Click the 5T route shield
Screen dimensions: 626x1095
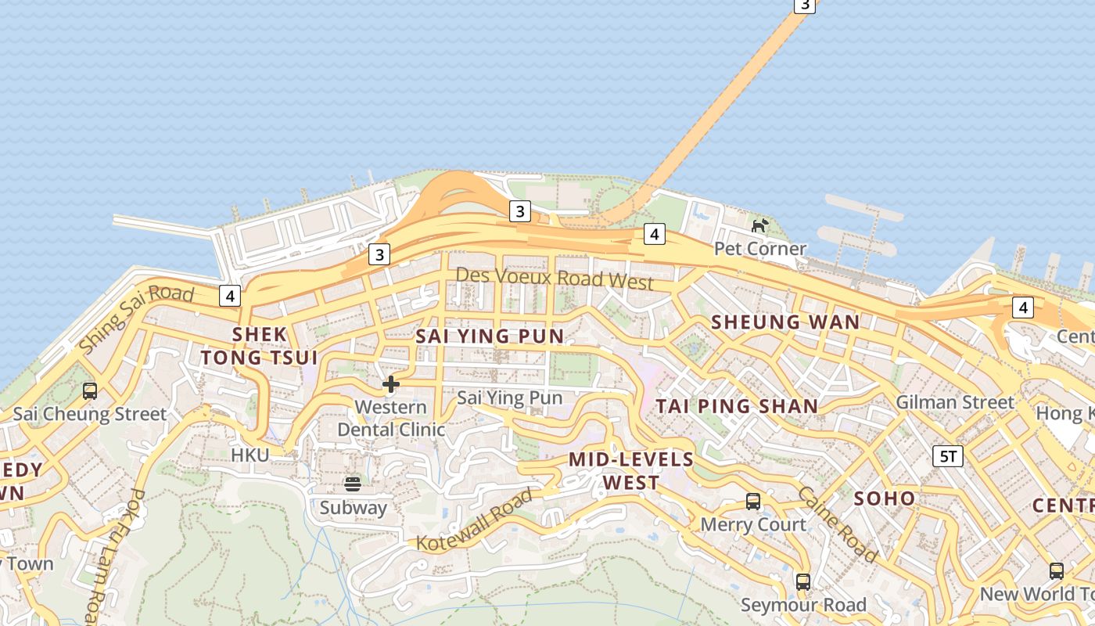947,456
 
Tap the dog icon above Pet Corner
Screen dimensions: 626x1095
759,226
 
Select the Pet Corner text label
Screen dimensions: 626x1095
759,249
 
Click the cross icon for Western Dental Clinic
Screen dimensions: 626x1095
391,384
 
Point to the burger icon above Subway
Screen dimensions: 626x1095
353,484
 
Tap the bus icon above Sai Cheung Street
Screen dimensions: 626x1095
90,390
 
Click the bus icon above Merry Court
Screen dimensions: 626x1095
753,502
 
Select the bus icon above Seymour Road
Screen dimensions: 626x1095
803,582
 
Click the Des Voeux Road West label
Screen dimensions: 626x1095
554,279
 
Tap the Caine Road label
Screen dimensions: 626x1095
836,523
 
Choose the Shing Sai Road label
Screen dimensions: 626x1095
136,318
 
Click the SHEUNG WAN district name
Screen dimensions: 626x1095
784,322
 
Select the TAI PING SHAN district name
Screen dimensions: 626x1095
737,406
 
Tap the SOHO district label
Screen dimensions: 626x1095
884,498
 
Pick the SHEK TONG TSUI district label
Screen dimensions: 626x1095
259,346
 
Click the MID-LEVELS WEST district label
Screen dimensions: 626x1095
630,470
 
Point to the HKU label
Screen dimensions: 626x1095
250,455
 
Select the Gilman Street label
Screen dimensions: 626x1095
954,402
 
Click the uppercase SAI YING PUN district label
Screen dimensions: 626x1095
489,336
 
